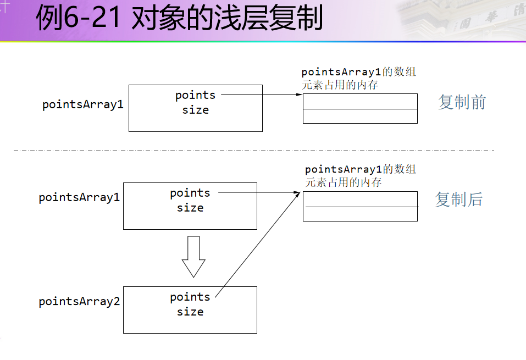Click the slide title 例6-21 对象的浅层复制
179,19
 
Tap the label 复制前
462,102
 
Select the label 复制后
459,200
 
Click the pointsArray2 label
79,302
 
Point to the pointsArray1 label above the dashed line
83,104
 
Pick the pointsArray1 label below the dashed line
79,198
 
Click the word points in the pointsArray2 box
190,297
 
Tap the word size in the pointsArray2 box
190,312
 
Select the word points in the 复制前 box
195,96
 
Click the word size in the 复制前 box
196,110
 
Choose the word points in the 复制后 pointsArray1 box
190,193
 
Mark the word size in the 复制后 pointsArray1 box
190,208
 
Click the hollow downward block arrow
193,256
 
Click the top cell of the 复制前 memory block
360,101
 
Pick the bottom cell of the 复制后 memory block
360,214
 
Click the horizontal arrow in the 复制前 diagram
262,95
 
